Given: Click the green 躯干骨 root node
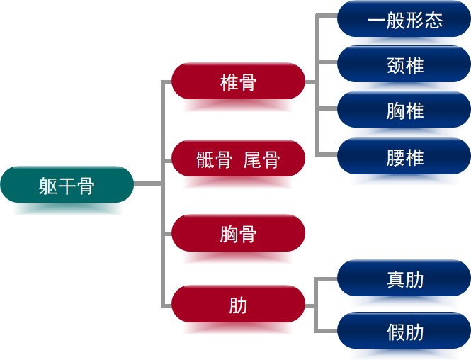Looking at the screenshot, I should [67, 185].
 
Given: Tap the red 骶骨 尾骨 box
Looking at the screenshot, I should [238, 159].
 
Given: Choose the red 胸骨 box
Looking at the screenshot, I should [238, 233].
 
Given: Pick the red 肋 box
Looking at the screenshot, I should [238, 305].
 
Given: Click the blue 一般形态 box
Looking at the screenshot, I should [404, 19].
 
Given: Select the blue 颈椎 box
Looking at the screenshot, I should [404, 64].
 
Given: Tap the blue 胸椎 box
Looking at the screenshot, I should [404, 110].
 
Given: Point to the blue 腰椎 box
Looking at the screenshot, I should [404, 157].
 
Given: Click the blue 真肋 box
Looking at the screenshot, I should [404, 279].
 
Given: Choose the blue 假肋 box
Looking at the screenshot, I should [404, 331].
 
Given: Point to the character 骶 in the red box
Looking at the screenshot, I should [205, 159].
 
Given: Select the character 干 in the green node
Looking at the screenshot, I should [67, 186].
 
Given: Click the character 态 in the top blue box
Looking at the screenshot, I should [433, 20].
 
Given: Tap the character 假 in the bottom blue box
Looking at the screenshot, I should [395, 332].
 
